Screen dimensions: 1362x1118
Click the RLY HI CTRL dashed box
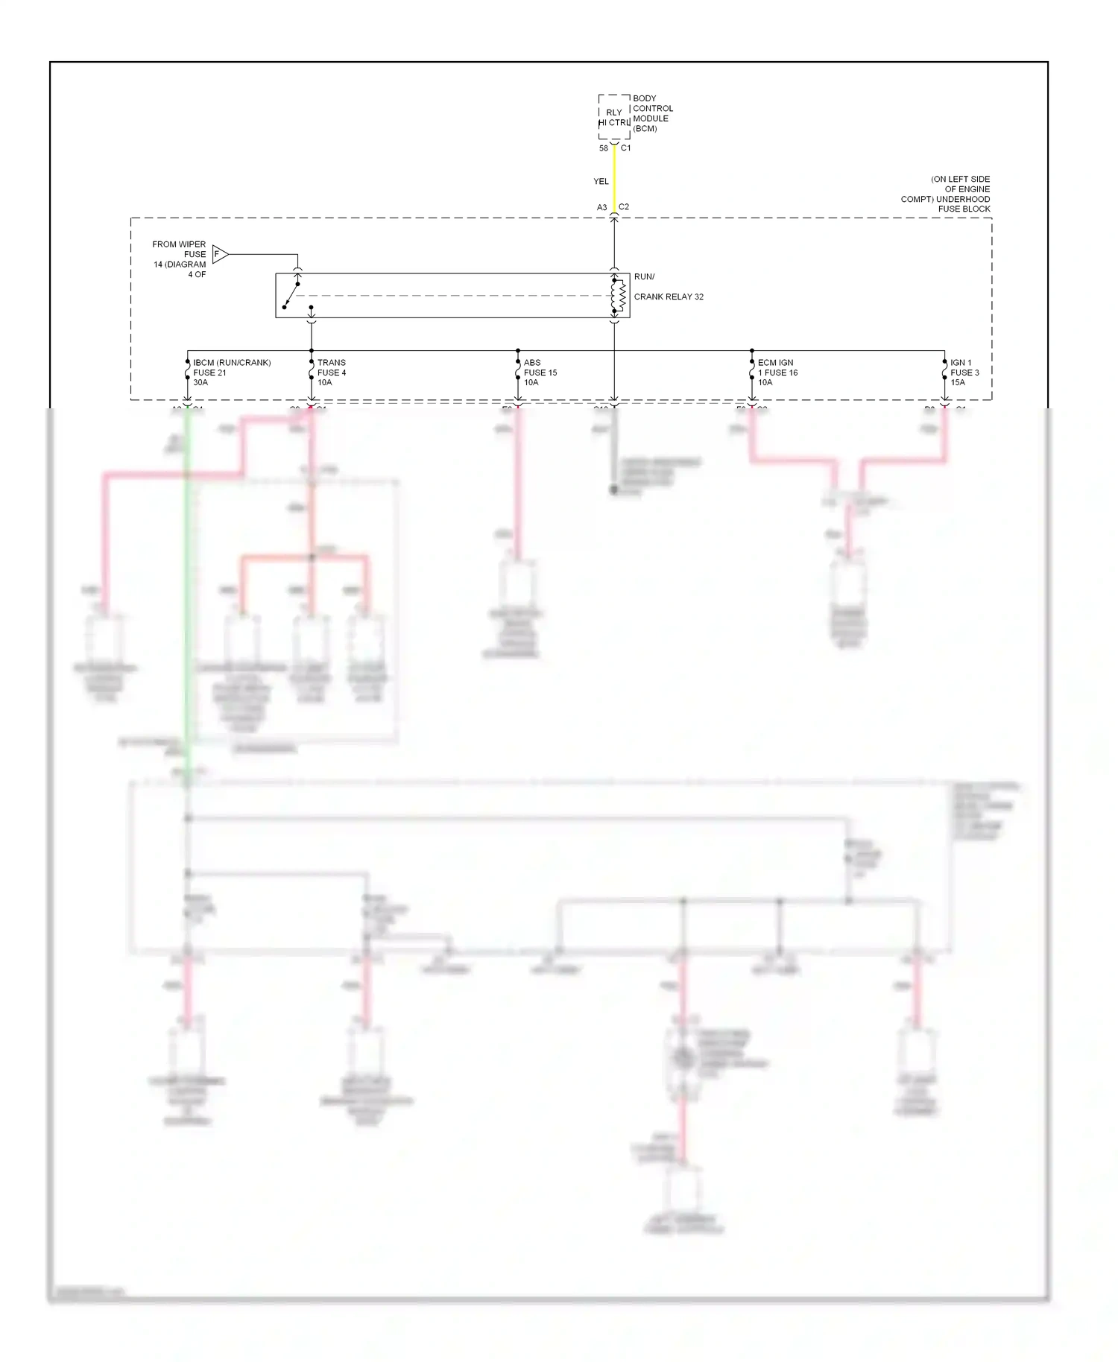614,117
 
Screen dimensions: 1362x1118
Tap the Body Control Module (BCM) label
652,113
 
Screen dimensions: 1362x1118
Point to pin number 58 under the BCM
604,148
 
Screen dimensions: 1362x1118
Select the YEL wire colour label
601,181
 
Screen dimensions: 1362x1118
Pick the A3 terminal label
601,208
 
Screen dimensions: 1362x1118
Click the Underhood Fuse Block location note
946,194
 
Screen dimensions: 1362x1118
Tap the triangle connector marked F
219,254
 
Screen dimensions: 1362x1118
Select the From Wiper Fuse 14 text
180,259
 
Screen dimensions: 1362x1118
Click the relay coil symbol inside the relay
618,296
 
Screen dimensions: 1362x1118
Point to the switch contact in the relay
291,295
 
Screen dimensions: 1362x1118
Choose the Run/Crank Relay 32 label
668,288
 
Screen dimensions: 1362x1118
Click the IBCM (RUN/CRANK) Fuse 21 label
231,373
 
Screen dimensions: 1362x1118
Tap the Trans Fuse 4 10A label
332,373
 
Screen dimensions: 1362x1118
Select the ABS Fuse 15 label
540,373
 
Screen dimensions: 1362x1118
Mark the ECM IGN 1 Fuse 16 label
777,373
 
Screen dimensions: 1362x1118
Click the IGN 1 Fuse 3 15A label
964,373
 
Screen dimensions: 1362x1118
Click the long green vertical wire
188,596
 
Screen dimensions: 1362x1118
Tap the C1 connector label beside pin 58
626,148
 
